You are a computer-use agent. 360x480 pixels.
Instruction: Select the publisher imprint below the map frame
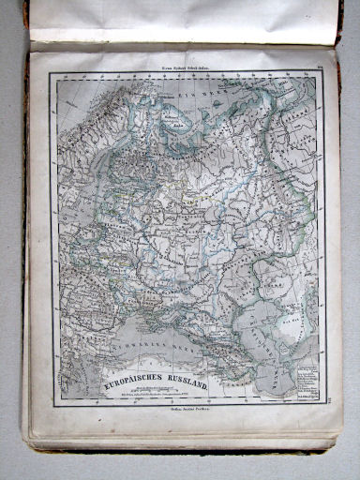tap(187, 412)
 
